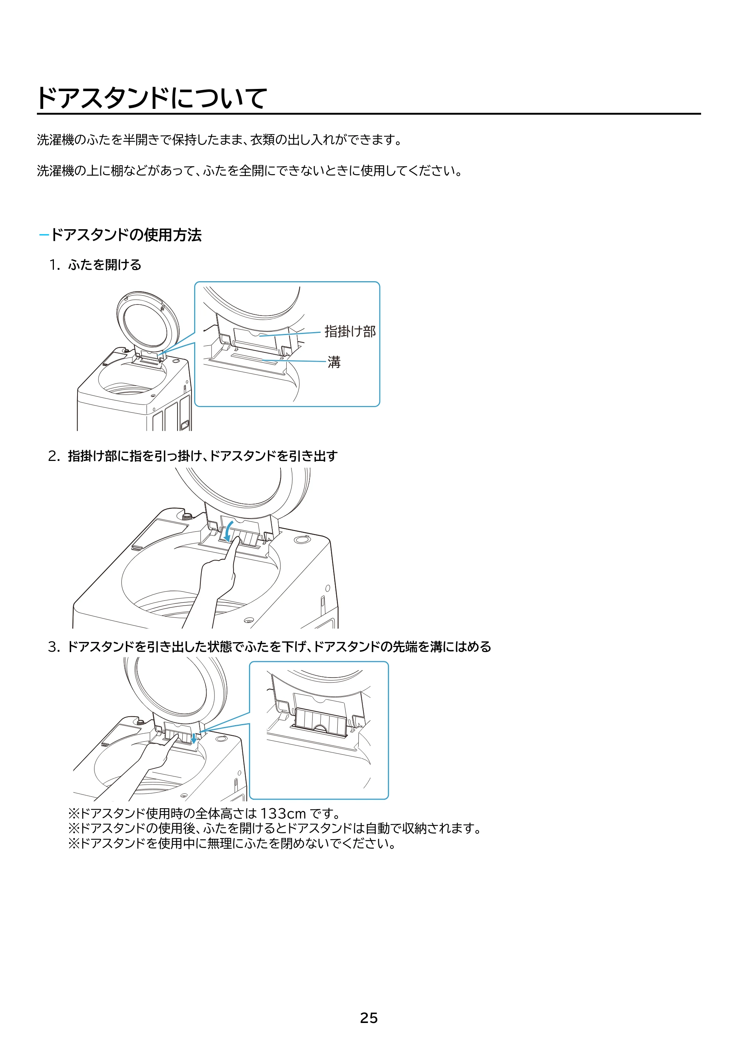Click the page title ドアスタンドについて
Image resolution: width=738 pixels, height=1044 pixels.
pos(152,98)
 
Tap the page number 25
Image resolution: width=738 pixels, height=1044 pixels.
pos(369,1018)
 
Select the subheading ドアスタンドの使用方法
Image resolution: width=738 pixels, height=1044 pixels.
pos(126,235)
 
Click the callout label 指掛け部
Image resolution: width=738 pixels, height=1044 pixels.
pos(350,331)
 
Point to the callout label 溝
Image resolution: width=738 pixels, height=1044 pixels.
pos(334,362)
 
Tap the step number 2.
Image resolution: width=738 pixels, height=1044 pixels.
pos(54,456)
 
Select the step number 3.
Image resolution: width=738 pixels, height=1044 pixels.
pos(54,647)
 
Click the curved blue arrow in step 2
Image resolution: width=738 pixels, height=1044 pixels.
pos(229,531)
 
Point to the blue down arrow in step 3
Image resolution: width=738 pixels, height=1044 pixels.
pos(194,738)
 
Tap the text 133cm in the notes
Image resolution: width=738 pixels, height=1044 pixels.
pos(283,813)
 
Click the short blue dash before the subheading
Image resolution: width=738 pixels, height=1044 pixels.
pos(44,235)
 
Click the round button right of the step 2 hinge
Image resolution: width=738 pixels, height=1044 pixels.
pos(301,540)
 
